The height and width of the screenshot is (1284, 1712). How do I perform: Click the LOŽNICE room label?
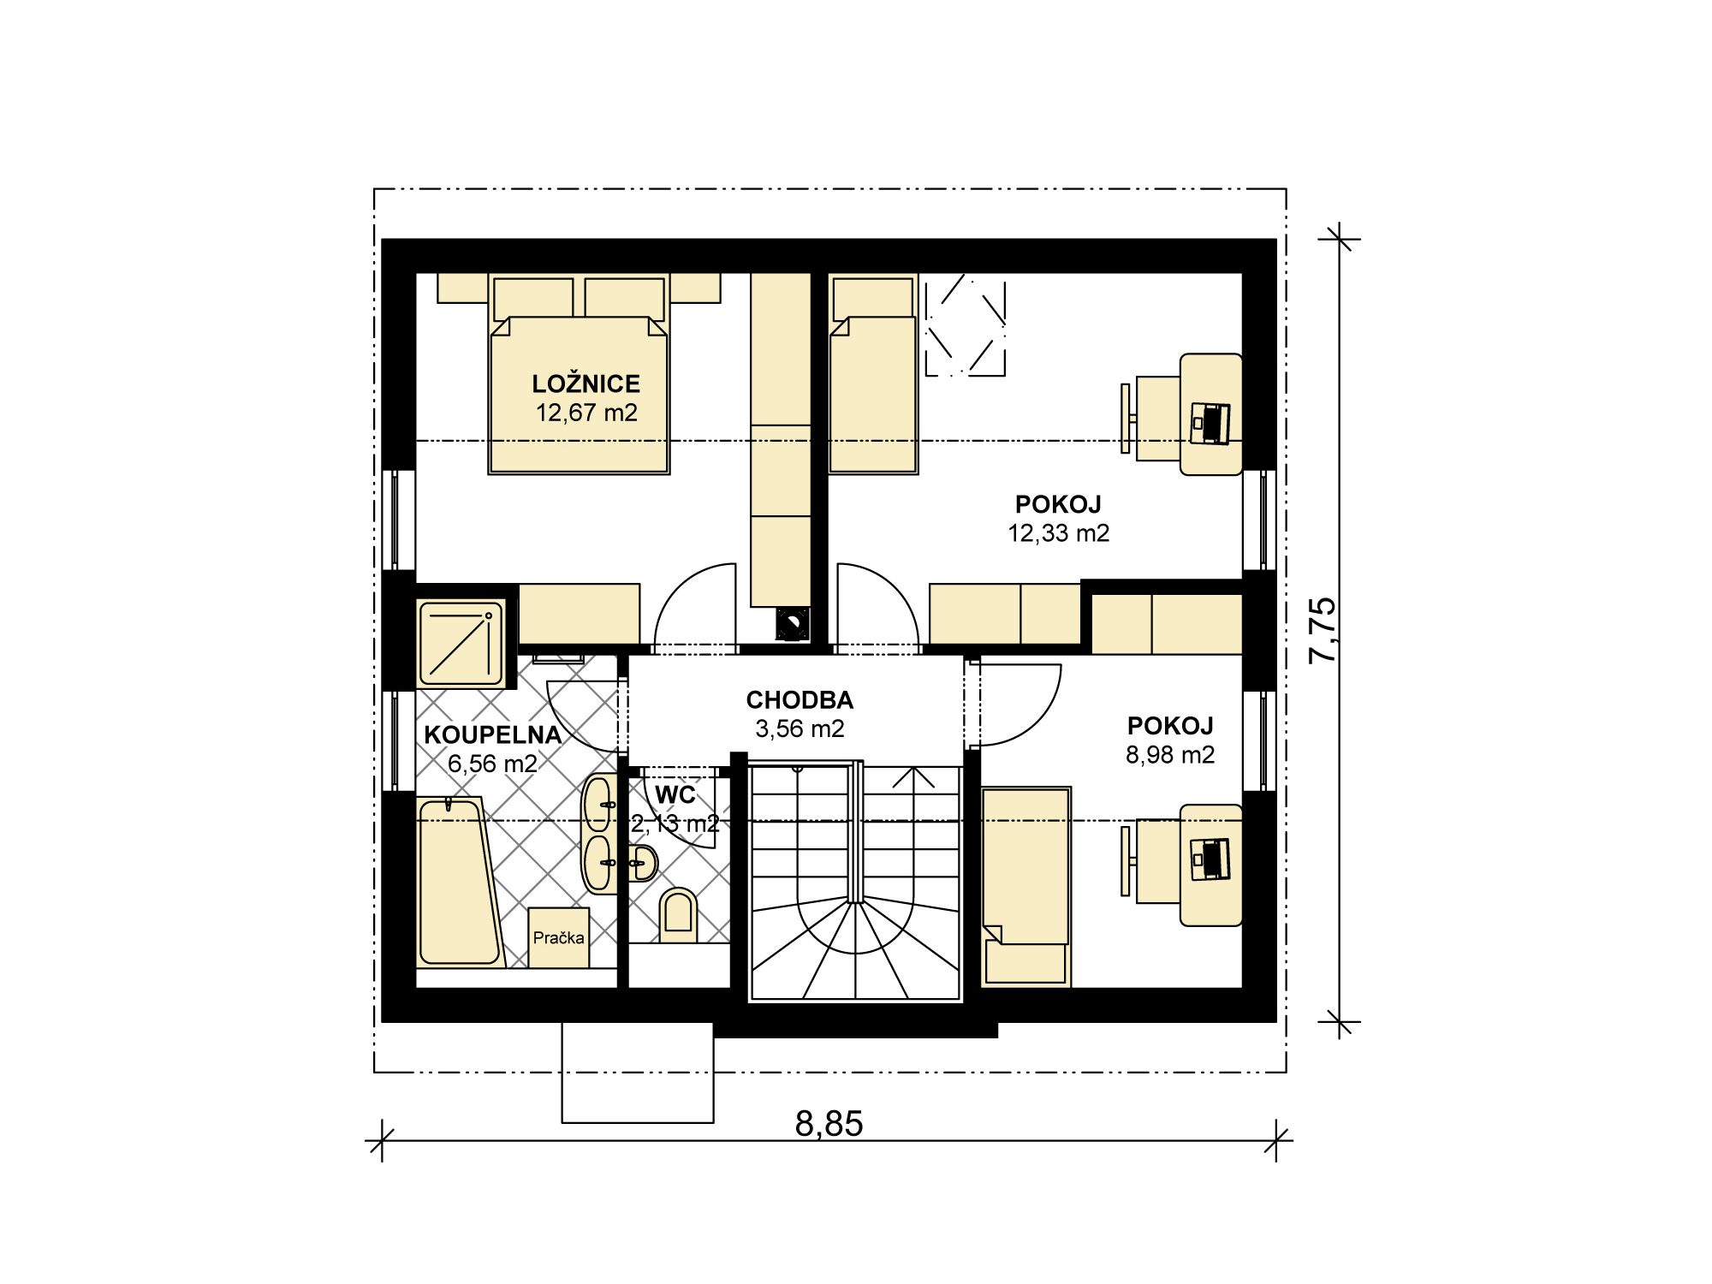[x=586, y=383]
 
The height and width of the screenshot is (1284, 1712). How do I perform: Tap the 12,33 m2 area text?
[x=1058, y=533]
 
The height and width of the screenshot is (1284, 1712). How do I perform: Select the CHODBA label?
[x=800, y=700]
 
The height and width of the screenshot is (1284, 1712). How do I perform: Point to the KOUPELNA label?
[x=493, y=734]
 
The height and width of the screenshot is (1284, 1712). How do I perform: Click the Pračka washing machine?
[x=559, y=937]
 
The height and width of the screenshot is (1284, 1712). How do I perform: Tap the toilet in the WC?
[x=679, y=910]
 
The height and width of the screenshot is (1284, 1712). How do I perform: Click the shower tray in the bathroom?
[x=461, y=642]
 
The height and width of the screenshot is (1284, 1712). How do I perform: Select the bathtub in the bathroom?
[x=459, y=881]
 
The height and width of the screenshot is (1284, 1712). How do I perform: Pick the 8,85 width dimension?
[x=829, y=1123]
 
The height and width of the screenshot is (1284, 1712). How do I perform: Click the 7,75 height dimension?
[x=1323, y=630]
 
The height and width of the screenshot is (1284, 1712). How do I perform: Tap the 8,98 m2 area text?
[x=1170, y=755]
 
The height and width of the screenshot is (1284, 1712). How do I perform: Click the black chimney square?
[x=792, y=623]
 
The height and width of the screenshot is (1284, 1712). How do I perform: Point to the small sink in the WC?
[x=641, y=864]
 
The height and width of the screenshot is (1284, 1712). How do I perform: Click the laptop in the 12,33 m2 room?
[x=1210, y=423]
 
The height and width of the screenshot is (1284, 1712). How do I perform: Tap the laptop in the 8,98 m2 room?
[x=1210, y=859]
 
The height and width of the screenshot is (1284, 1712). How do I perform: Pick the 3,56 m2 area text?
[x=800, y=728]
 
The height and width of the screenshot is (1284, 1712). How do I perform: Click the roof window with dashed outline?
[x=966, y=325]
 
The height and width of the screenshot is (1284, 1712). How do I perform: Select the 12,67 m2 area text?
[x=586, y=413]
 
